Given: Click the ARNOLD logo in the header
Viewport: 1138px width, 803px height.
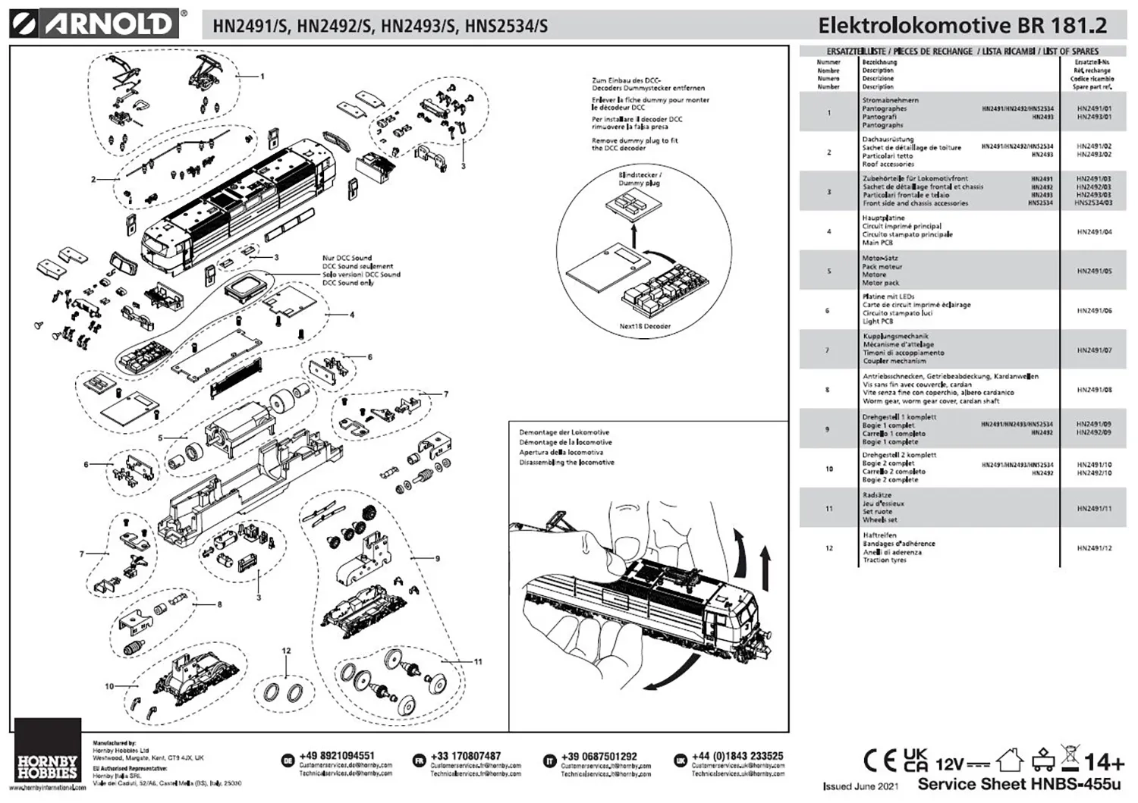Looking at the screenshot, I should pos(96,24).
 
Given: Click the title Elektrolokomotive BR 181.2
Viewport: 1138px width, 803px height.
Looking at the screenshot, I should pos(962,25).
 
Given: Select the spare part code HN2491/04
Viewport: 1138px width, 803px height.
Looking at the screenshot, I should pos(1094,231).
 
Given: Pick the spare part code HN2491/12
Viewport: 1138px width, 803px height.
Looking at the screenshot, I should pos(1094,547).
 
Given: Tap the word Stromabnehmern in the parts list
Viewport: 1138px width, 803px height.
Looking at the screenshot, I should pos(890,100).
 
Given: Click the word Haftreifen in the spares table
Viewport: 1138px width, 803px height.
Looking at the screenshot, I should pos(879,535).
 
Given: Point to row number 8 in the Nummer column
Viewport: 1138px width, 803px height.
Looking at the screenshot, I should pos(828,390).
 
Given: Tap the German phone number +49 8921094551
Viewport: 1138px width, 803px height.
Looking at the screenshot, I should pos(337,756).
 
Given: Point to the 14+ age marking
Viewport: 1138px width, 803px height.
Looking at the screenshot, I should pos(1105,761).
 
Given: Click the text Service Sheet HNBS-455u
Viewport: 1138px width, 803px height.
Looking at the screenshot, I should pos(1019,784).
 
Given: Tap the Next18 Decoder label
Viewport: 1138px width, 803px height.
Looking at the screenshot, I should pos(645,326).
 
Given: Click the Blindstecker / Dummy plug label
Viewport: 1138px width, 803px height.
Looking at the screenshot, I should pos(640,179).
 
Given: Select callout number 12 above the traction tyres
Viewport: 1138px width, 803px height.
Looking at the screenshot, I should pos(286,651).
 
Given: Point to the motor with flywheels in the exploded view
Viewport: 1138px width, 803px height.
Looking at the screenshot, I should pos(235,432).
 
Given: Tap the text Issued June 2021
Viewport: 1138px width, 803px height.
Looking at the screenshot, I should pos(860,786).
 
